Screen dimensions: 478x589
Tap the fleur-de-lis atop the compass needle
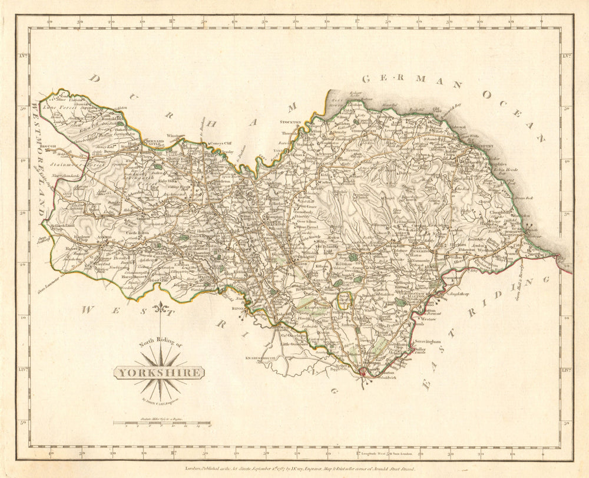[160, 308]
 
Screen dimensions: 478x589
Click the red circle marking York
[363, 371]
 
